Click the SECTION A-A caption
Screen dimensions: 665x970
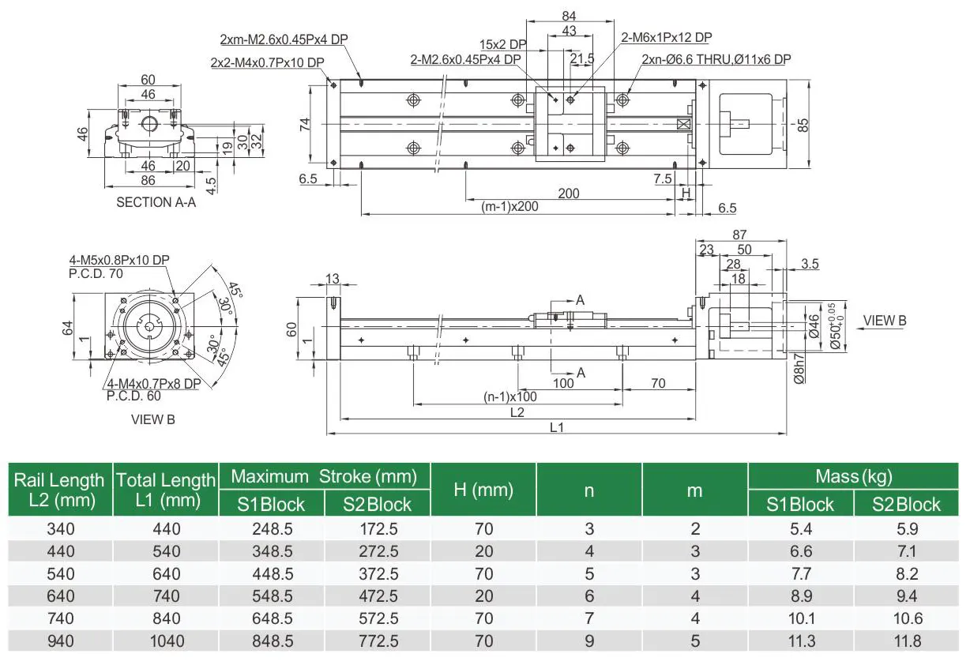[x=156, y=202]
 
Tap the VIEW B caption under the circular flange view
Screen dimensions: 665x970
[x=152, y=419]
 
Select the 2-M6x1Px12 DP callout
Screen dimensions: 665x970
[x=667, y=37]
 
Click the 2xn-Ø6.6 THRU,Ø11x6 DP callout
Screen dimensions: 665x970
[x=716, y=58]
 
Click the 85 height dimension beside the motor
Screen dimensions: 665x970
[x=803, y=125]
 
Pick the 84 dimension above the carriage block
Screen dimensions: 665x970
[x=568, y=15]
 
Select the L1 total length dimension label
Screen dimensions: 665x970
[x=555, y=427]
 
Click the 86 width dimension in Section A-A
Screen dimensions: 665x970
[x=148, y=181]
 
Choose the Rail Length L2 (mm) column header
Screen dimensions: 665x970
[x=60, y=490]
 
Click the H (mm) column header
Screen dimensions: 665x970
[x=483, y=490]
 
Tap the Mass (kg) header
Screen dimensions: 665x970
[x=854, y=476]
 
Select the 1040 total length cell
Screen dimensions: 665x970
[x=165, y=641]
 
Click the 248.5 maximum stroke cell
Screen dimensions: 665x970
[x=271, y=528]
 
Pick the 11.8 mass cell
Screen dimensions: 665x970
[x=906, y=641]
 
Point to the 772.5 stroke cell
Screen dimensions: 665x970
[x=377, y=641]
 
